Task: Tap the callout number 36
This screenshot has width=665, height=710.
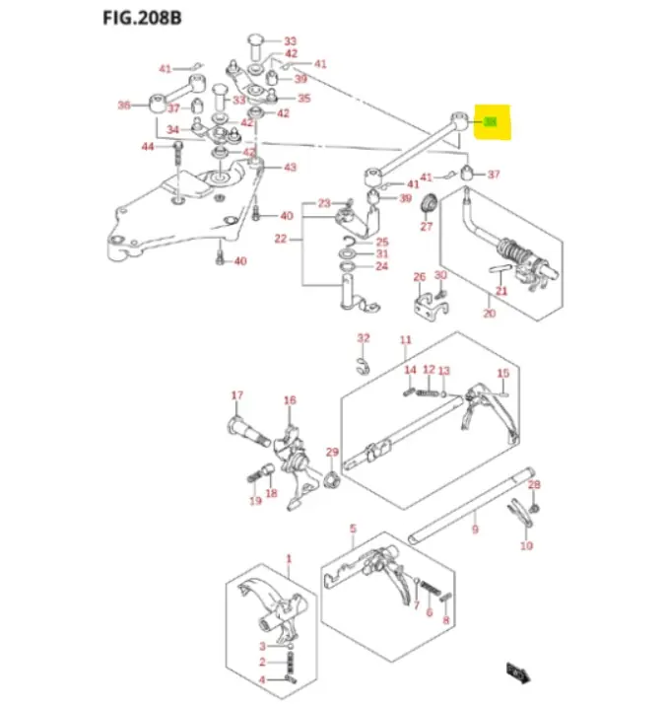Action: pos(124,105)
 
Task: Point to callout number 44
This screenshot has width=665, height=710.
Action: pos(148,146)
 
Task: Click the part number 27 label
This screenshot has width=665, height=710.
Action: pos(427,226)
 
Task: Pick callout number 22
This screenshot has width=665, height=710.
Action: pos(280,238)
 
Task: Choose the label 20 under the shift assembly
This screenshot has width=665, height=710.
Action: pos(490,314)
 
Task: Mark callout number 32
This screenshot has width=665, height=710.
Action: pos(363,338)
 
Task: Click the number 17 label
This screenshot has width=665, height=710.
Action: pos(236,396)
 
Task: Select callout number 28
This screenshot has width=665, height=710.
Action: pos(535,485)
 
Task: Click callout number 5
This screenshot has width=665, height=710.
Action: pos(353,530)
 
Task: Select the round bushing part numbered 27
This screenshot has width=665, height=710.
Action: pos(429,205)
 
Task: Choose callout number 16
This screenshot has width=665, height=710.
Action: pos(290,400)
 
